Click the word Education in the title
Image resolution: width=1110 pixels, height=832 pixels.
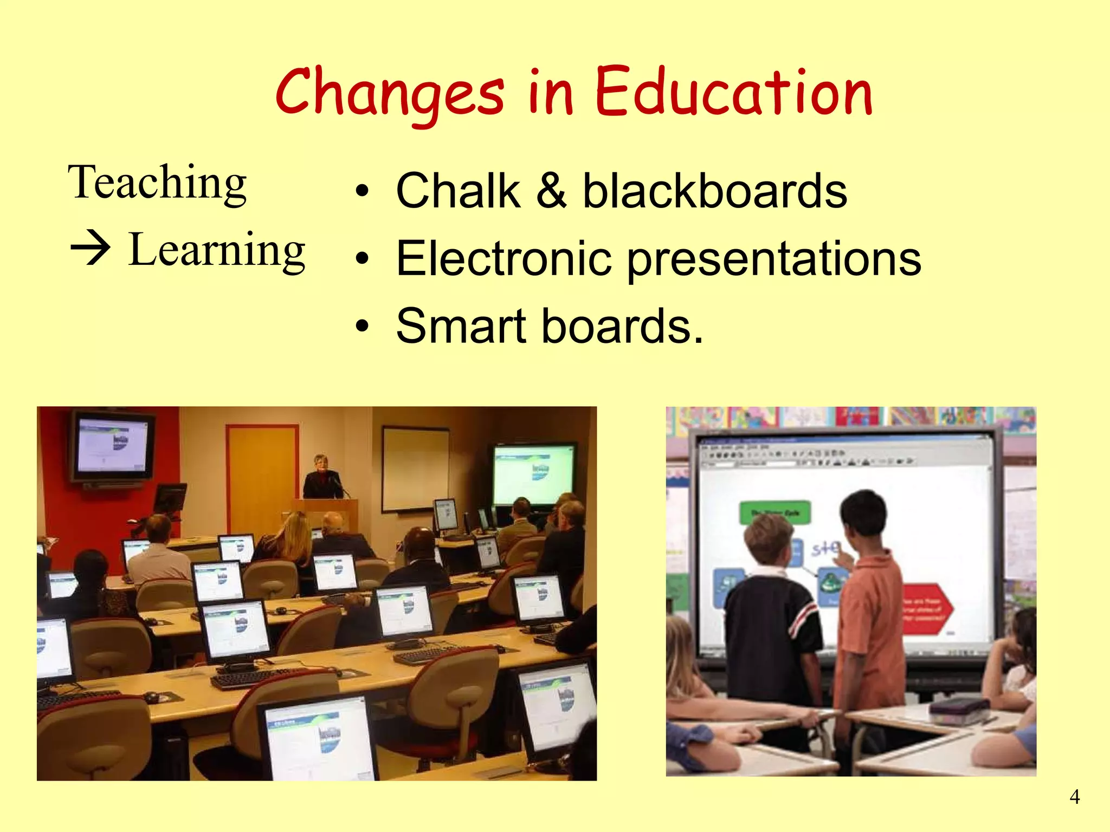pyautogui.click(x=734, y=93)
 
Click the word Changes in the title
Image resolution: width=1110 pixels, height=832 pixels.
pyautogui.click(x=390, y=93)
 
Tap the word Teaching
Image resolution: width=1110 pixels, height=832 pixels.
pyautogui.click(x=157, y=183)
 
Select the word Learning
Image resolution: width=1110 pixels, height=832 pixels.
pyautogui.click(x=217, y=250)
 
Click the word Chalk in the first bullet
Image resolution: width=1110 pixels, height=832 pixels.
pyautogui.click(x=458, y=191)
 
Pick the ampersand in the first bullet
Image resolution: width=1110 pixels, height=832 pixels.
pyautogui.click(x=552, y=191)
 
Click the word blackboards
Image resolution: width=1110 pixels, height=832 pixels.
pyautogui.click(x=714, y=191)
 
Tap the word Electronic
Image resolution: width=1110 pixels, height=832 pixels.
pyautogui.click(x=504, y=258)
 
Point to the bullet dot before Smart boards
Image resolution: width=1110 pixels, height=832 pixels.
pyautogui.click(x=362, y=327)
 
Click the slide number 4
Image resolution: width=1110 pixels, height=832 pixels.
pyautogui.click(x=1074, y=797)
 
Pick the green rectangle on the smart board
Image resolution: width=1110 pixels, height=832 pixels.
pyautogui.click(x=775, y=512)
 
